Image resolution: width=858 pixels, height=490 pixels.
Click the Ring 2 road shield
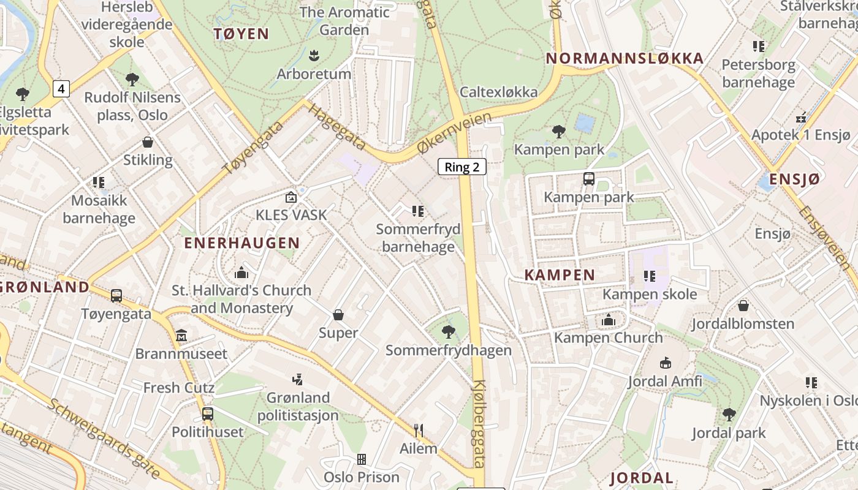[461, 167]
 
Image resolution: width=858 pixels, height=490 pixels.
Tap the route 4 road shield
[61, 89]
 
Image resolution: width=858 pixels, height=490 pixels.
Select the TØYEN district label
[241, 34]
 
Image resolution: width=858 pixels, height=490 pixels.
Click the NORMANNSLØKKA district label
[625, 58]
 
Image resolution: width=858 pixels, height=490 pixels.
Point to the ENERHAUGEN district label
[242, 243]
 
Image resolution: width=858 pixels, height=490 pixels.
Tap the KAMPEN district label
[560, 275]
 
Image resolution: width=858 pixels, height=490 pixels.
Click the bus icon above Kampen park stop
[588, 179]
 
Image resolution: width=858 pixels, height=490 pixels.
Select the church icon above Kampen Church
[608, 320]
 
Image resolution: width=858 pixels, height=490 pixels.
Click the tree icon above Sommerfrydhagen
[448, 332]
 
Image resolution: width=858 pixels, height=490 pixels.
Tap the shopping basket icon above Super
[338, 315]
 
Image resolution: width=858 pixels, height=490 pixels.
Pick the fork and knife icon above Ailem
[418, 431]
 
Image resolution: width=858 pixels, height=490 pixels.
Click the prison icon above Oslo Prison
[362, 459]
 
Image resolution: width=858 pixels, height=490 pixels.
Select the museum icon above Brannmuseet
[181, 336]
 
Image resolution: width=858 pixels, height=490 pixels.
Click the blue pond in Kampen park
[585, 123]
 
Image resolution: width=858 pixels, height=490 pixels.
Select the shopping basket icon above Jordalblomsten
[743, 305]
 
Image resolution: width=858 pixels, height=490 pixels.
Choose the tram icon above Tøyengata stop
[116, 296]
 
